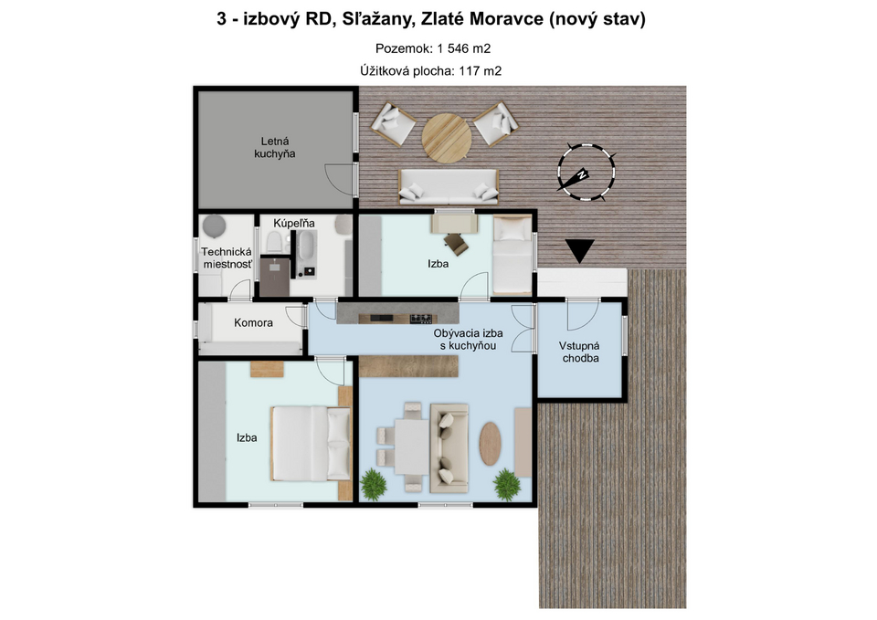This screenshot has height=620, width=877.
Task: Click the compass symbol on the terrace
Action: point(586,172)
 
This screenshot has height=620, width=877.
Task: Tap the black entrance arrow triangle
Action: point(579,250)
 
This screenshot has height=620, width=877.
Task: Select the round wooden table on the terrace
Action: point(447,138)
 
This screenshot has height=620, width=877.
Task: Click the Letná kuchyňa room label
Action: point(275,148)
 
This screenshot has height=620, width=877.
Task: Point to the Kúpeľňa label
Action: point(293,223)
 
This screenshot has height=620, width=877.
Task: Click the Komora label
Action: point(253,322)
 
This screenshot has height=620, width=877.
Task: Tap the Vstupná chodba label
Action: point(581,352)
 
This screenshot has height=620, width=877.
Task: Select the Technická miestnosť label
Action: point(227,258)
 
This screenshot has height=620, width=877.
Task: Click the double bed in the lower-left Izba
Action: point(311,444)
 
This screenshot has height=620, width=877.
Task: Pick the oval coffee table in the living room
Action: point(490,444)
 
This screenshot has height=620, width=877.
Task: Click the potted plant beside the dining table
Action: point(374,484)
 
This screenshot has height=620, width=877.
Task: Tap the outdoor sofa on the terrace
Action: point(448,186)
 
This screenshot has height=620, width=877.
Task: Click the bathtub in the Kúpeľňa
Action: point(306,246)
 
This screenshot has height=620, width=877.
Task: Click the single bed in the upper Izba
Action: point(512,255)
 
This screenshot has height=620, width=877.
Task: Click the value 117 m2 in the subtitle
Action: point(480,71)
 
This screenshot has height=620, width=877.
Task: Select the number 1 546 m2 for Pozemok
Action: point(464,48)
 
